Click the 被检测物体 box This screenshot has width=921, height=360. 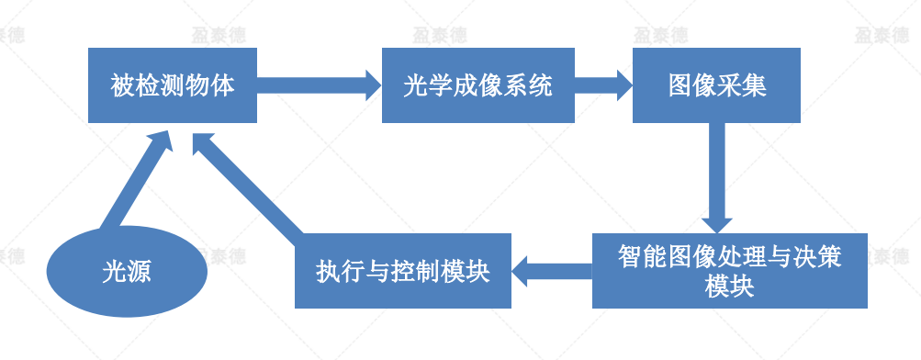coord(172,86)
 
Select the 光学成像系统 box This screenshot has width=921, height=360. coord(477,86)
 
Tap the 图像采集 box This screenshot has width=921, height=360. coord(717,86)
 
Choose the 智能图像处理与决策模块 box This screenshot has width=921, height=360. coord(729,271)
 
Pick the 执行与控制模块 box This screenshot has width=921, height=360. coord(402,271)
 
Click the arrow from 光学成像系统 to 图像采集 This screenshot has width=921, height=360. coord(603,86)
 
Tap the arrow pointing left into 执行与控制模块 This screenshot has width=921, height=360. coord(551,271)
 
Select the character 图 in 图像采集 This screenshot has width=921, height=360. coord(680,86)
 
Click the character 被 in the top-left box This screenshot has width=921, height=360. coord(122,86)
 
